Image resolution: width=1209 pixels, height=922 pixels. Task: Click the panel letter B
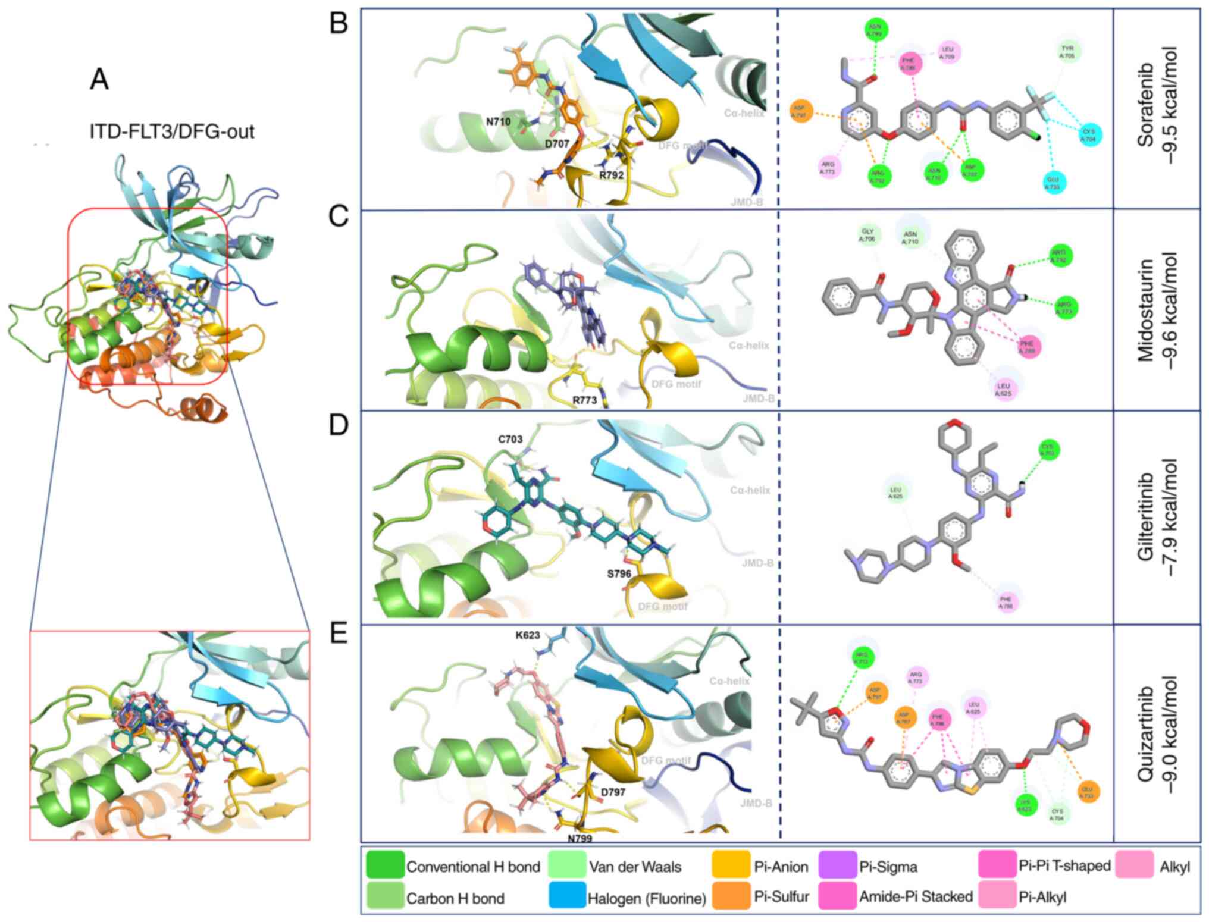339,24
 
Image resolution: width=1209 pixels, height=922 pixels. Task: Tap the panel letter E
339,635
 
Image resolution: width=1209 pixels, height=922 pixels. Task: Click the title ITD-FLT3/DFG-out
172,131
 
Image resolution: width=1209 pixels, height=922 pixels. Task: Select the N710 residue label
499,122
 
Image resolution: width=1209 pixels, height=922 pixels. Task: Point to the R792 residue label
611,175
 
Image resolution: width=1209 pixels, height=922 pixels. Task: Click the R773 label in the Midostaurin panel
585,400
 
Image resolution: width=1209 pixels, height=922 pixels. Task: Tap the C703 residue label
510,440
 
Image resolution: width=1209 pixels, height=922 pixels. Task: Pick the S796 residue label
619,574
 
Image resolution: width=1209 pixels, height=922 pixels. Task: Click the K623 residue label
528,635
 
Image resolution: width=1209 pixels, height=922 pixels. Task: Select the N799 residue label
580,839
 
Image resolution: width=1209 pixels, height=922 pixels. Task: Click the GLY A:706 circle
867,235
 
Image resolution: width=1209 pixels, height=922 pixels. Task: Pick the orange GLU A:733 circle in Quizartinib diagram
1088,792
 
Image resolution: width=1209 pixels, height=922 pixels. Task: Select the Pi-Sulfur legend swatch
731,897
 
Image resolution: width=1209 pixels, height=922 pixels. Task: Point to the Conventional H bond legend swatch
385,866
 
